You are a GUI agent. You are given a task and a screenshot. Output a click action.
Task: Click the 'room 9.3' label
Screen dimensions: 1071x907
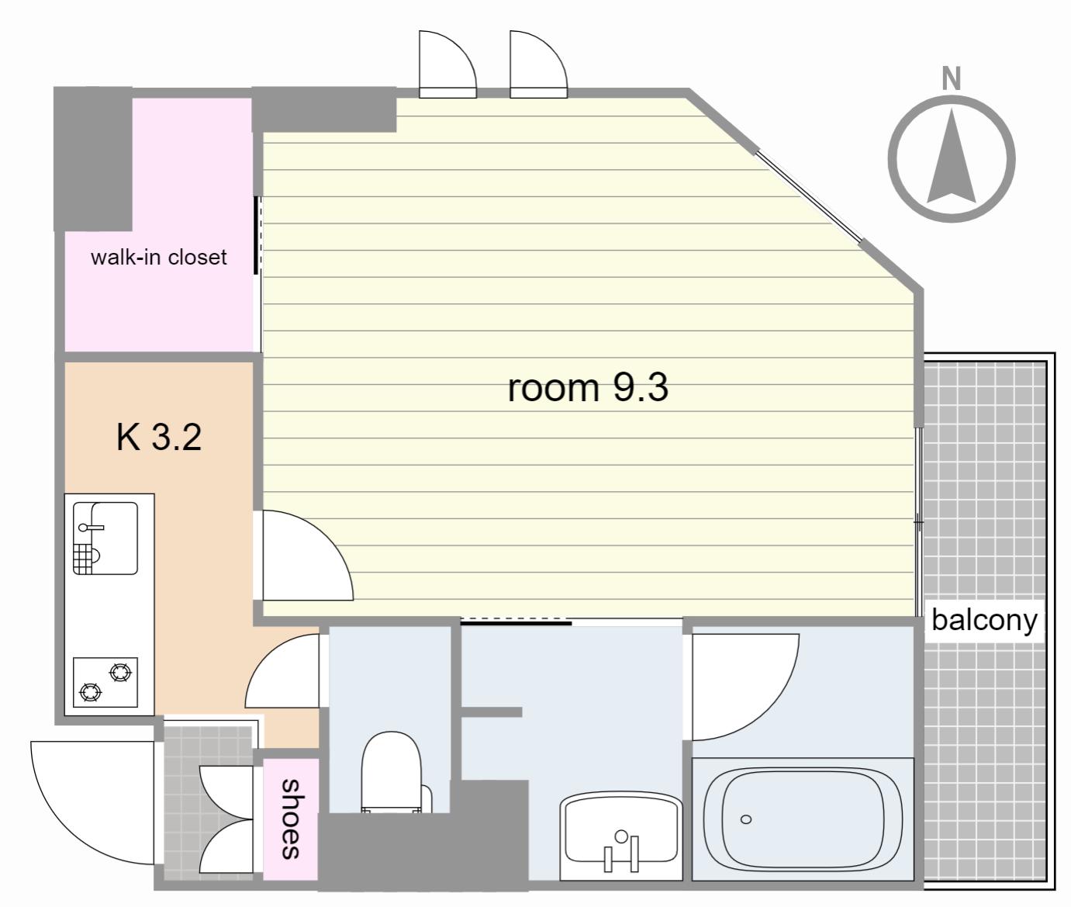pos(588,387)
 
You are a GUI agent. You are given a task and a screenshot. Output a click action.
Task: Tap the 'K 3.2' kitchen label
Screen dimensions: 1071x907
pos(158,437)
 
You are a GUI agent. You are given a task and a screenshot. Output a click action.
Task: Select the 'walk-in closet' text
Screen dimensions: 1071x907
pos(158,257)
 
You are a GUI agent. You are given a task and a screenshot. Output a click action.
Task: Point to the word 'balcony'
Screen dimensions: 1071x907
pos(984,621)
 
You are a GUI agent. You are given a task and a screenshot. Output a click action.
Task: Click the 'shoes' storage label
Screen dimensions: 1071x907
pos(291,819)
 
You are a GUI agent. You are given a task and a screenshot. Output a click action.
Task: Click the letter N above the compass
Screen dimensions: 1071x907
pos(952,79)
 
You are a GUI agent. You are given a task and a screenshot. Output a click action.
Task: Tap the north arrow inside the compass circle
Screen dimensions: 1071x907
pos(952,155)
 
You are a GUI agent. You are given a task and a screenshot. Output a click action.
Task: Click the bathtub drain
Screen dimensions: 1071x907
pos(746,819)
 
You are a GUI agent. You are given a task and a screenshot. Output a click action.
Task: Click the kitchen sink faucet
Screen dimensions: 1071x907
pos(92,528)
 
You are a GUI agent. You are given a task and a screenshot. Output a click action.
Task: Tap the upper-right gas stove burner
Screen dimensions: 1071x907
pos(120,673)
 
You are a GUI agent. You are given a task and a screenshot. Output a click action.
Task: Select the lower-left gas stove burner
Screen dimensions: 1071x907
pos(91,692)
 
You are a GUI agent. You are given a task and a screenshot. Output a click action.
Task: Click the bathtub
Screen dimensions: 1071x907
pos(803,819)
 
